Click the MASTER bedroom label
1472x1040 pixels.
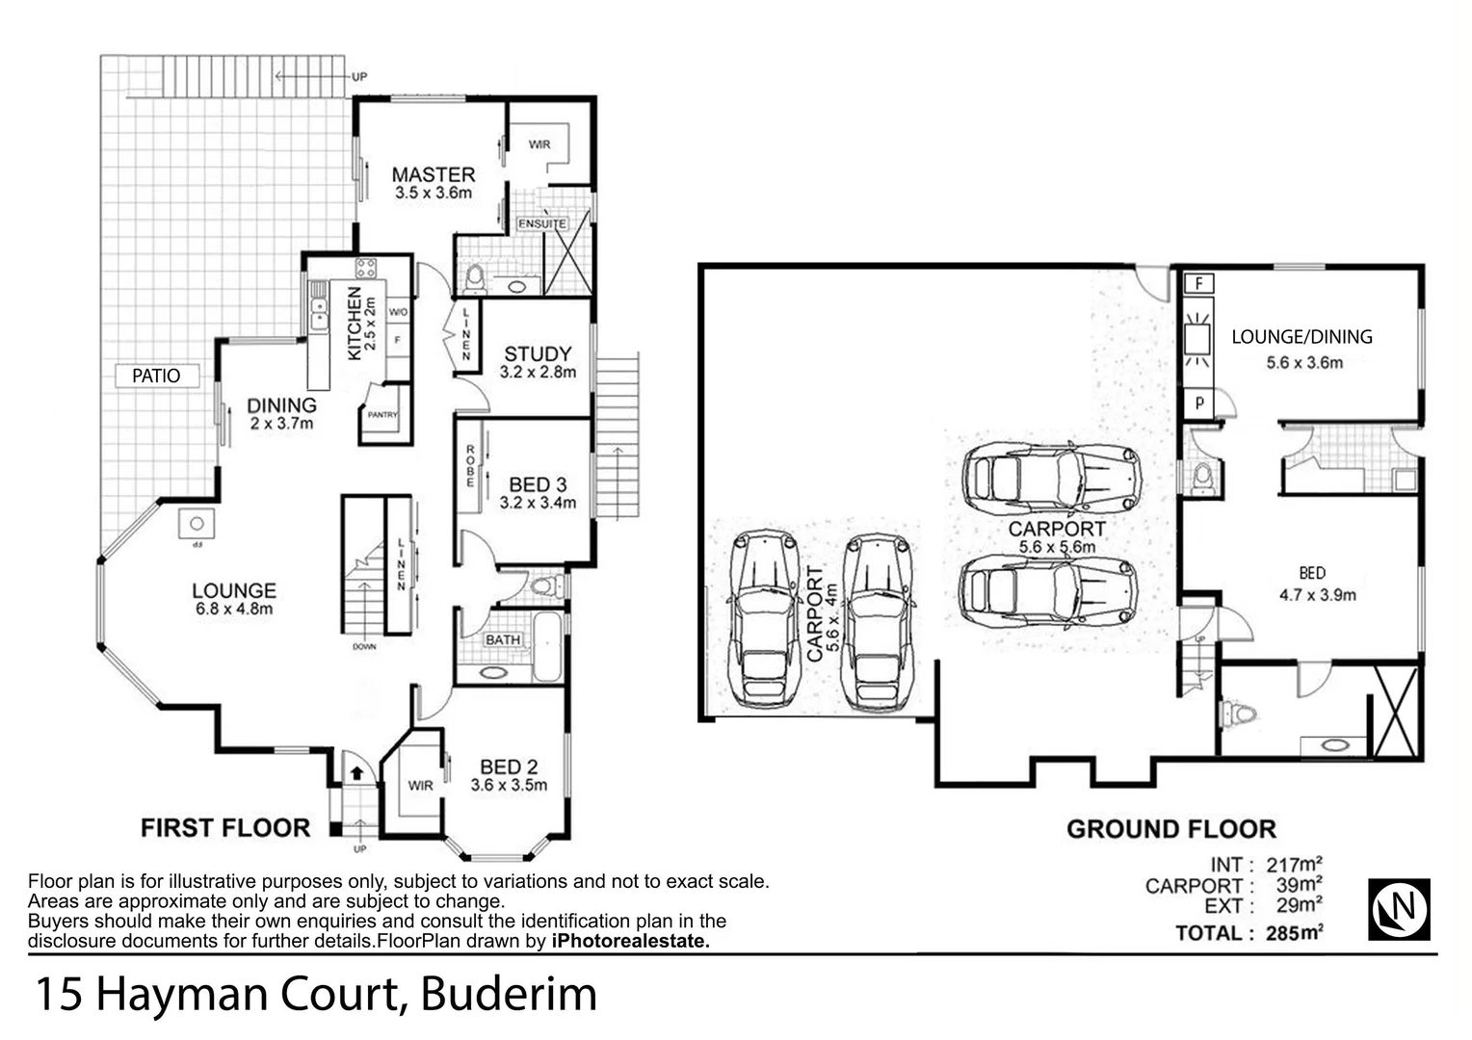coord(433,175)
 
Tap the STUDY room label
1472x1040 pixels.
coord(538,353)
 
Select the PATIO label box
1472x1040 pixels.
coord(156,376)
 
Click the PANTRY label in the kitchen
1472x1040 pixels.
coord(382,415)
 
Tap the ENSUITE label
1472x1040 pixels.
coord(542,223)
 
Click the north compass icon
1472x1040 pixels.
coord(1399,909)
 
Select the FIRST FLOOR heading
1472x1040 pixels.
coord(225,828)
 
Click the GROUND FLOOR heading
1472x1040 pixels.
coord(1170,829)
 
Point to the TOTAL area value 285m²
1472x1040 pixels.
coord(1296,932)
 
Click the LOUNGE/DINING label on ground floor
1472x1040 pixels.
coord(1301,337)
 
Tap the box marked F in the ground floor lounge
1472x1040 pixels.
coord(1198,284)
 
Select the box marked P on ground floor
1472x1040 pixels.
coord(1198,403)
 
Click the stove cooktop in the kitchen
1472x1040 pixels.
coord(365,268)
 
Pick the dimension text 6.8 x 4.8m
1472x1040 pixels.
coord(234,609)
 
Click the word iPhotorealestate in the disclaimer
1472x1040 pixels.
coord(630,942)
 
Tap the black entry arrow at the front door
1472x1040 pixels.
coord(356,772)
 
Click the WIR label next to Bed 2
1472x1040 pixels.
coord(420,786)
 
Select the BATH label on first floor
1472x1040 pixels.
coord(502,639)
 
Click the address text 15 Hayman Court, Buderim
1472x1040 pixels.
coord(316,995)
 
